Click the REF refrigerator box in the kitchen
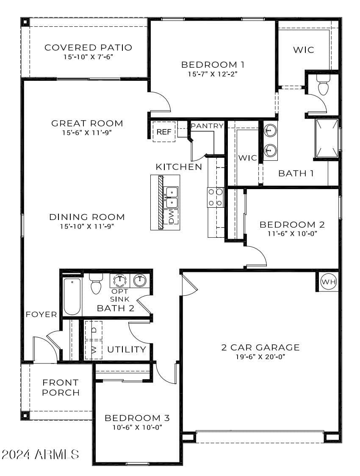[164, 132]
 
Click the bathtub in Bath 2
[72, 297]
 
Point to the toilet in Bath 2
[96, 284]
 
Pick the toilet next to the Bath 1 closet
[323, 85]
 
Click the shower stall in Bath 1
[327, 139]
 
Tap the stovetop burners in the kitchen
[216, 197]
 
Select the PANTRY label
[207, 126]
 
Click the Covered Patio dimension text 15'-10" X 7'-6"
[89, 57]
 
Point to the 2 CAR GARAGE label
[260, 347]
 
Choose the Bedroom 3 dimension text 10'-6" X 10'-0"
[137, 427]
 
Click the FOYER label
[42, 314]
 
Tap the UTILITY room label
[127, 349]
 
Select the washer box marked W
[94, 350]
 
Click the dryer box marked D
[94, 330]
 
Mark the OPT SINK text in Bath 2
[120, 295]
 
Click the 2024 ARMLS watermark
[40, 454]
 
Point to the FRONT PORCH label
[61, 387]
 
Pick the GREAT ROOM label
[87, 123]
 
